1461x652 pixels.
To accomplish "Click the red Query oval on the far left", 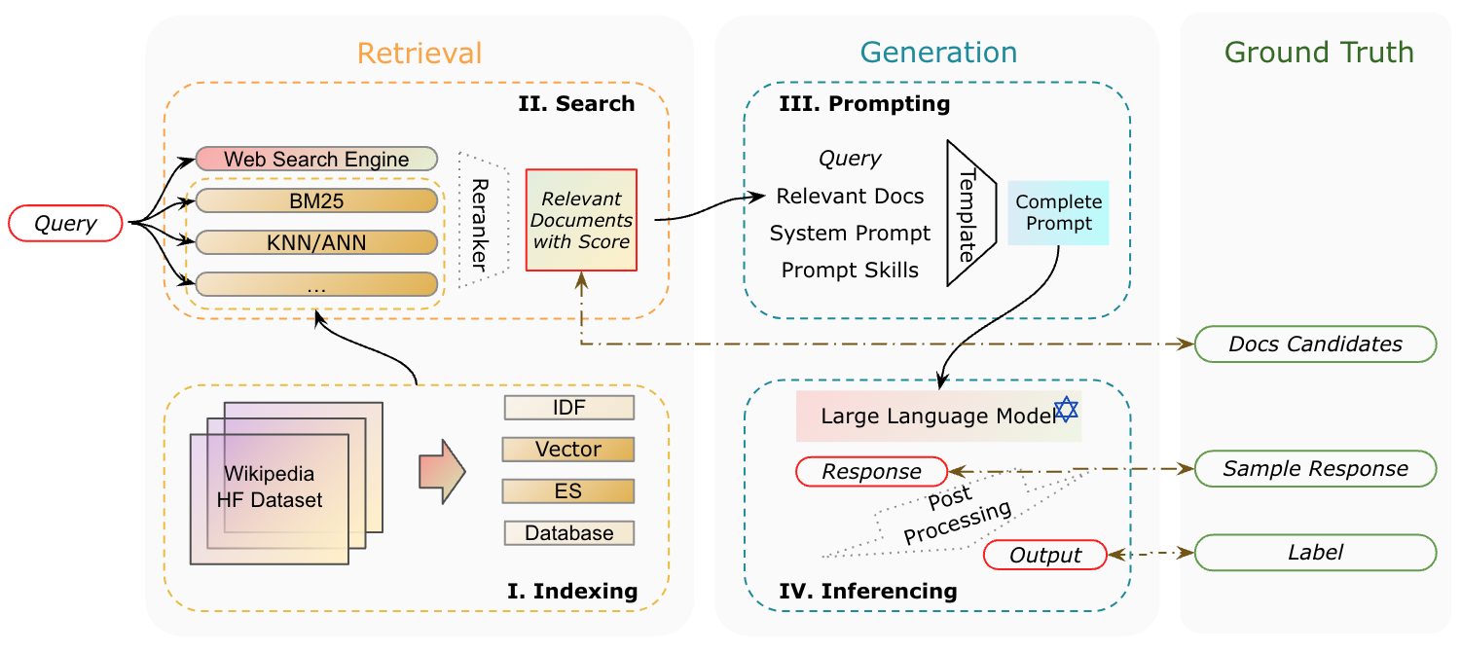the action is tap(65, 223).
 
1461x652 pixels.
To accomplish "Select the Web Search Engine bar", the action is tap(316, 159).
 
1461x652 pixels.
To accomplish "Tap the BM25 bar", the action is tap(316, 200).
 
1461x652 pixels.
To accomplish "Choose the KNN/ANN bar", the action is tap(316, 242).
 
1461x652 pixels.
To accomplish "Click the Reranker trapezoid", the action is tap(484, 220).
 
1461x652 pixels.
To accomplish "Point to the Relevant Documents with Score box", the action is tap(581, 220).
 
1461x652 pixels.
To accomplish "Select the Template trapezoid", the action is tap(970, 213).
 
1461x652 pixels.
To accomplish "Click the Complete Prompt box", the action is tap(1058, 212).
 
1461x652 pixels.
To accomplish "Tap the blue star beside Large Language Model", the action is tap(1067, 410).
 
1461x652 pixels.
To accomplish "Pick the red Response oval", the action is tap(871, 471).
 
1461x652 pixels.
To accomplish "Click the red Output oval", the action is tap(1044, 555).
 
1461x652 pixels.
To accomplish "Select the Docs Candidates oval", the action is tap(1315, 344).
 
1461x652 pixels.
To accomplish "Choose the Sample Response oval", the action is tap(1315, 468).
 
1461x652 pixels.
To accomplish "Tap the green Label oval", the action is tap(1315, 552).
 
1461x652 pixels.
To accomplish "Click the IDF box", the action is tap(568, 408).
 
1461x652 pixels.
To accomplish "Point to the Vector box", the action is tap(568, 450).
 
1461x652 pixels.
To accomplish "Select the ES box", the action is tap(568, 491).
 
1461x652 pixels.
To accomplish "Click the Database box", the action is tap(568, 532).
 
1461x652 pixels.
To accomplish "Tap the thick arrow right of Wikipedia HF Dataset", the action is tap(442, 471).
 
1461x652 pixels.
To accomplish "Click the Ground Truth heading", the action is tap(1319, 53).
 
